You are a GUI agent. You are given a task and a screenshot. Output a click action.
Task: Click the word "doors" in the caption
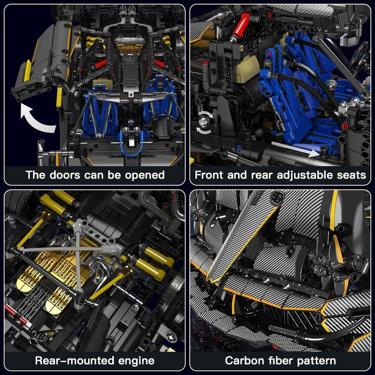tap(65, 175)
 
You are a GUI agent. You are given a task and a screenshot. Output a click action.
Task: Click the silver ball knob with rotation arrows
tap(204, 121)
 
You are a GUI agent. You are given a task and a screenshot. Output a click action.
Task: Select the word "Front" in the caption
tap(209, 175)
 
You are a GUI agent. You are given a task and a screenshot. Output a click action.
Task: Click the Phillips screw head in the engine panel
tap(172, 337)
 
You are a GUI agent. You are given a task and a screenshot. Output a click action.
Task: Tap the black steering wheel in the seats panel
tap(359, 57)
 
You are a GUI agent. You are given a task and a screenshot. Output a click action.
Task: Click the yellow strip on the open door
tap(28, 71)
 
